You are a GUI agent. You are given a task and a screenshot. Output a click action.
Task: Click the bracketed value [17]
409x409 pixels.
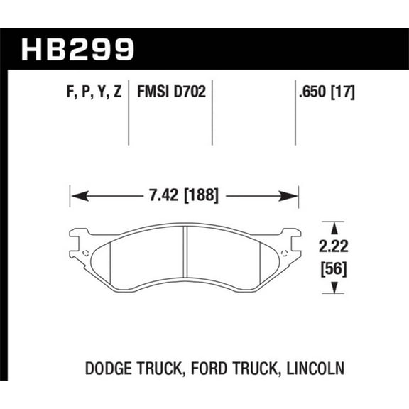(x=343, y=92)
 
